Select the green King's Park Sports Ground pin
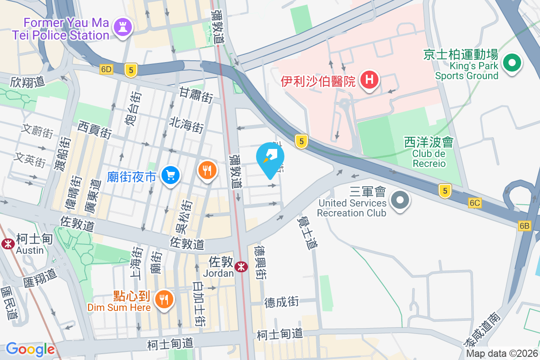coord(512,63)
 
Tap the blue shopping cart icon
coord(171,175)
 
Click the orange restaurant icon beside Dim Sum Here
coord(164,299)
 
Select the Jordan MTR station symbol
coord(242,266)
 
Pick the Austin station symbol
coord(8,243)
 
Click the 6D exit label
coord(106,69)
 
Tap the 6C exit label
coord(474,203)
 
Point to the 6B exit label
coord(524,226)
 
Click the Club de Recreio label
coord(429,158)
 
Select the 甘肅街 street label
coord(196,96)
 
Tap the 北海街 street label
coord(187,124)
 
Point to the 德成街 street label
coord(282,302)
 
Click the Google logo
coord(30,349)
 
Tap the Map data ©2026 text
coord(502,354)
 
